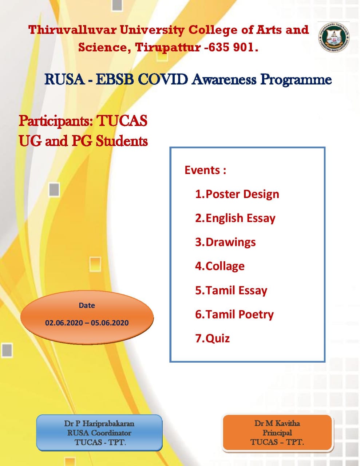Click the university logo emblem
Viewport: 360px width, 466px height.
pos(334,37)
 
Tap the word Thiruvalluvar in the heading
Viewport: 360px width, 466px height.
pos(72,30)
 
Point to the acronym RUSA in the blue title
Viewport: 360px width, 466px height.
pos(64,80)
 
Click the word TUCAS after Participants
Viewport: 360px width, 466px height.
pos(122,121)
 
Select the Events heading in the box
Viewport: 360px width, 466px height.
pos(205,170)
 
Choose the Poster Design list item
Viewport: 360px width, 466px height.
pos(237,194)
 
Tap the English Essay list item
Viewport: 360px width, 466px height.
pos(235,218)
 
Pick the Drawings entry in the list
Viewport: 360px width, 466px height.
pos(225,242)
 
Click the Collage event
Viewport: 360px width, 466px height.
pos(220,266)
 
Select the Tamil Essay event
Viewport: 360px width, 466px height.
pos(231,291)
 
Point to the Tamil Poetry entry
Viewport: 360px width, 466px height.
pos(234,315)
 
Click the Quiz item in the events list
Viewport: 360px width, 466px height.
pos(212,339)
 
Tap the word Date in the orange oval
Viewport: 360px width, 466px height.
pos(87,305)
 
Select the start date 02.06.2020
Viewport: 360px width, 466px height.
pos(64,323)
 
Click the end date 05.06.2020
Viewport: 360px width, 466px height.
pos(110,323)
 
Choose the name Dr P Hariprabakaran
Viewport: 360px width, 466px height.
pos(99,423)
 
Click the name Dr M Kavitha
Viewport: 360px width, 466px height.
pos(277,423)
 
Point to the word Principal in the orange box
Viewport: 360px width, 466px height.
pos(277,433)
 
